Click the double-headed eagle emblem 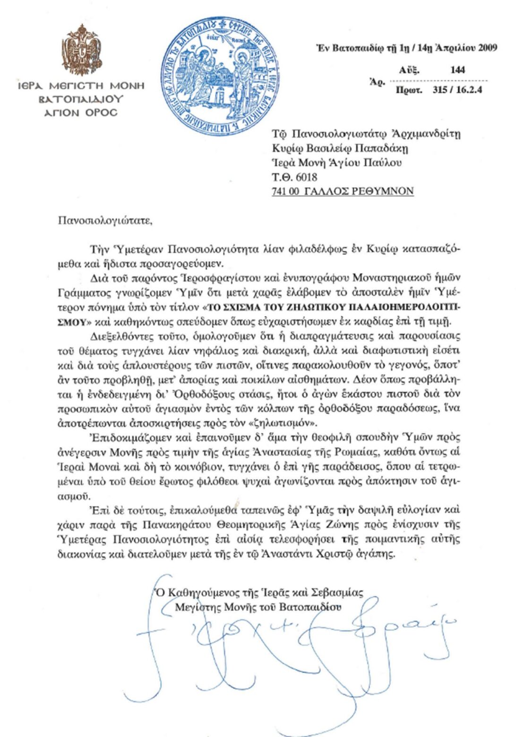point(81,50)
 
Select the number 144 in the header point(457,70)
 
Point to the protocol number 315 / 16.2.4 point(457,90)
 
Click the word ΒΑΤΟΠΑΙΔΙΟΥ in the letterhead point(81,100)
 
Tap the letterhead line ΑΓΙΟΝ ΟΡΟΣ point(80,113)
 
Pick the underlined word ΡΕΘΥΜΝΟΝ point(383,191)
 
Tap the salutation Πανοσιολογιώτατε point(105,220)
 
